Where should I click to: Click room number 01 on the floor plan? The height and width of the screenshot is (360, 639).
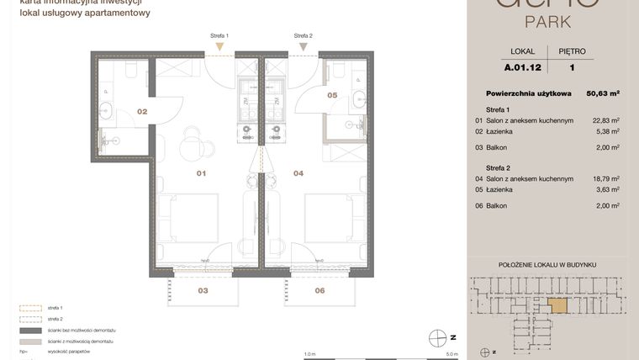[x=202, y=174]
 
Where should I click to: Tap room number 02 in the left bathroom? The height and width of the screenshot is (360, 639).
[x=142, y=111]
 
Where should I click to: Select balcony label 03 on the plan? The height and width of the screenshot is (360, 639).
[x=203, y=290]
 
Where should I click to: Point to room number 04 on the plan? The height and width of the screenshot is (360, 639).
[x=298, y=174]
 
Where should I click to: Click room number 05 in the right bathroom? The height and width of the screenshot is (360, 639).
[x=332, y=95]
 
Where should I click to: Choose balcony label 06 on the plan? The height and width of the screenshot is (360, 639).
[x=319, y=290]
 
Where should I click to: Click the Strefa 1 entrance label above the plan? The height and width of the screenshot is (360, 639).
[x=219, y=36]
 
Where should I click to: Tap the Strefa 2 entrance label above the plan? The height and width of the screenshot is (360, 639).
[x=303, y=36]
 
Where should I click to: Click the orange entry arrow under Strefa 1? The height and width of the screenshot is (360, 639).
[x=219, y=47]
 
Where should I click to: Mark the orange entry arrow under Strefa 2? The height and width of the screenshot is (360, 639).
[x=303, y=47]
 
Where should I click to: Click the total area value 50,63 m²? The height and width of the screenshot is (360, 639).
[x=601, y=93]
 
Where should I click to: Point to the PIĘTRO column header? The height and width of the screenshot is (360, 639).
[x=572, y=51]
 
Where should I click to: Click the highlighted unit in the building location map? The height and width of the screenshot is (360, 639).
[x=557, y=306]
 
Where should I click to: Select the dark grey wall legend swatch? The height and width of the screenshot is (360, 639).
[x=29, y=331]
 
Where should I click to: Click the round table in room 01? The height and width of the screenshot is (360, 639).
[x=192, y=145]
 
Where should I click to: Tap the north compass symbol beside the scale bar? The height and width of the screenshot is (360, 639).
[x=436, y=338]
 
